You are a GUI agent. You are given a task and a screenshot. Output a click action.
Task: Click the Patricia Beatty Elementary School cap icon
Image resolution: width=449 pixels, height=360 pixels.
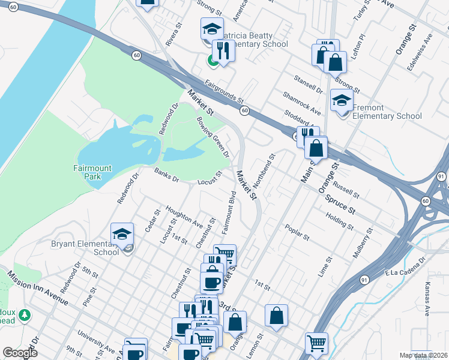[211, 28]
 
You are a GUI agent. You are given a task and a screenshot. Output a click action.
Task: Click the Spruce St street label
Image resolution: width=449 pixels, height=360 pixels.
[340, 204]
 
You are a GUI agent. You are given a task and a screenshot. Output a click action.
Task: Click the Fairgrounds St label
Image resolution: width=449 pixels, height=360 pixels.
[224, 91]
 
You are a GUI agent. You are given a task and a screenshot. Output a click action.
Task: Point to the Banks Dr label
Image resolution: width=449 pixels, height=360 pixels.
[167, 175]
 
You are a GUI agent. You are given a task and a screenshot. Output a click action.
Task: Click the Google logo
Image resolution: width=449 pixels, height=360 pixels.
[19, 353]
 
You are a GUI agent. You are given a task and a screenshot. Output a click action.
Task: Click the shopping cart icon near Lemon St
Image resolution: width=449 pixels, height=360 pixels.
[316, 344]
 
